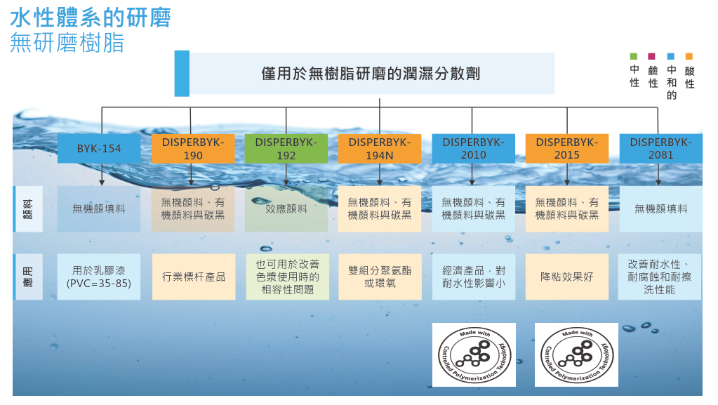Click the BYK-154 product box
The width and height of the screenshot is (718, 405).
pyautogui.click(x=99, y=149)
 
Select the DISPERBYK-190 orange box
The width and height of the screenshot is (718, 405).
pyautogui.click(x=193, y=148)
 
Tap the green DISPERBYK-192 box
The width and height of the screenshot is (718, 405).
pyautogui.click(x=286, y=148)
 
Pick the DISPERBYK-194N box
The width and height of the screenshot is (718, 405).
pyautogui.click(x=380, y=148)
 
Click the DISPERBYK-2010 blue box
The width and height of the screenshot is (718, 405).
pyautogui.click(x=473, y=148)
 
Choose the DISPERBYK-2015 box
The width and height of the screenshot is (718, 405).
pyautogui.click(x=566, y=148)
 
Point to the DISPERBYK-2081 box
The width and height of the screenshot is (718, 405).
pyautogui.click(x=660, y=148)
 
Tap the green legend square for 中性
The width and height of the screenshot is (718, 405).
pyautogui.click(x=634, y=56)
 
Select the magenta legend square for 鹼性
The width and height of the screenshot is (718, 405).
pyautogui.click(x=652, y=56)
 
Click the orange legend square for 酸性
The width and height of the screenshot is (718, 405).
pyautogui.click(x=689, y=56)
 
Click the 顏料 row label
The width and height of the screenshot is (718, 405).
pyautogui.click(x=28, y=208)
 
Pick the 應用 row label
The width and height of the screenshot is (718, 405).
pyautogui.click(x=28, y=277)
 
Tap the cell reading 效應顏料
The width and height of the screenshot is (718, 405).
pyautogui.click(x=286, y=208)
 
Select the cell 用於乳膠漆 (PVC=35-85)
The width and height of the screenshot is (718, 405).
pyautogui.click(x=99, y=277)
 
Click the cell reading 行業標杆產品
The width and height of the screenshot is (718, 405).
pyautogui.click(x=193, y=277)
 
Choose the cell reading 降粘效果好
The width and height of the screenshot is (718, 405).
pyautogui.click(x=566, y=277)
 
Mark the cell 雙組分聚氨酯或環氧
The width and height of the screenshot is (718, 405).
pyautogui.click(x=380, y=277)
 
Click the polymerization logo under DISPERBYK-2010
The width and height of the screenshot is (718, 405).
pyautogui.click(x=474, y=354)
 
